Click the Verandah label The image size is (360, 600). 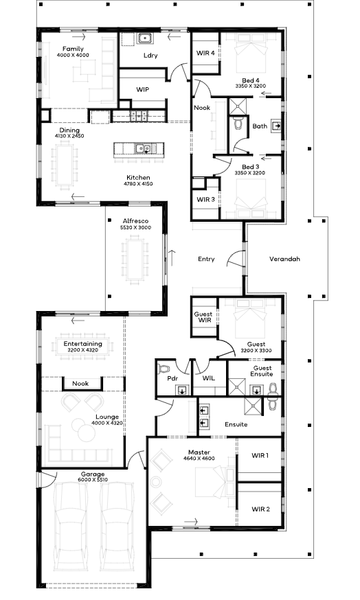coord(284,259)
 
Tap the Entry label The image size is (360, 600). coord(206,259)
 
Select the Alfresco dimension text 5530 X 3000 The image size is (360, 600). coord(135,227)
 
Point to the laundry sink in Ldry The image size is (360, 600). coord(145,38)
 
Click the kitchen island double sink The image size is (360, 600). coord(142,148)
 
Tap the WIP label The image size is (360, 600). coord(142,89)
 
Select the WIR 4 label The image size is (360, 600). coord(205,53)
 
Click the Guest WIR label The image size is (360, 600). coord(203,317)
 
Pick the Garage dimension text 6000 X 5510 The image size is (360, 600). coord(93,479)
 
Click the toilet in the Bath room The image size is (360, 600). coord(238,123)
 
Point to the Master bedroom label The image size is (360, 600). coord(199,452)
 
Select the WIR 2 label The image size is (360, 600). coord(260,509)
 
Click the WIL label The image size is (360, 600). coord(209,378)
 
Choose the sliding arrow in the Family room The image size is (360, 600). coord(78,37)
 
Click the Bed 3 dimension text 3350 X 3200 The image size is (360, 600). coord(249,172)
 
